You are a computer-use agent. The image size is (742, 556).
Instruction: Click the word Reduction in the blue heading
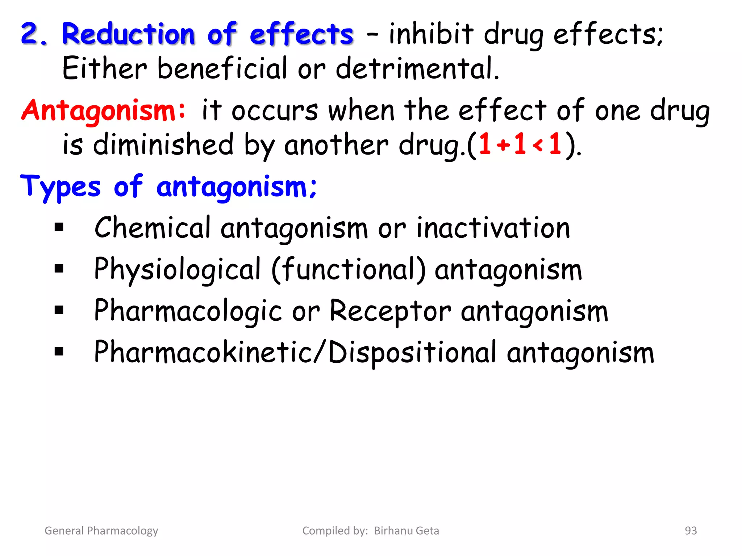129,34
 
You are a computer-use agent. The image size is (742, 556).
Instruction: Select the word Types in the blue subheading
60,187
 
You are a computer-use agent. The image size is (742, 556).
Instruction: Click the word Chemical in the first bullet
152,228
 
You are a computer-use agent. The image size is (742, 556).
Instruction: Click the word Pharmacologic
188,311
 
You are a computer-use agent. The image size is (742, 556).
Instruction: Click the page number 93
691,531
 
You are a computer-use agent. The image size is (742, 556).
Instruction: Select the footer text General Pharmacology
101,531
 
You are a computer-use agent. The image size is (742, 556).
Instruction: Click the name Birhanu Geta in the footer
407,531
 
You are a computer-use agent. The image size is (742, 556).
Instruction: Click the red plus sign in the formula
503,146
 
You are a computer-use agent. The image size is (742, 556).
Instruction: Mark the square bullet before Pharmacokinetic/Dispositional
59,351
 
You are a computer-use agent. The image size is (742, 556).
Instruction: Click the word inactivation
493,228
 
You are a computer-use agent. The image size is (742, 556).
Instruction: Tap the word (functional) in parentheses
349,270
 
